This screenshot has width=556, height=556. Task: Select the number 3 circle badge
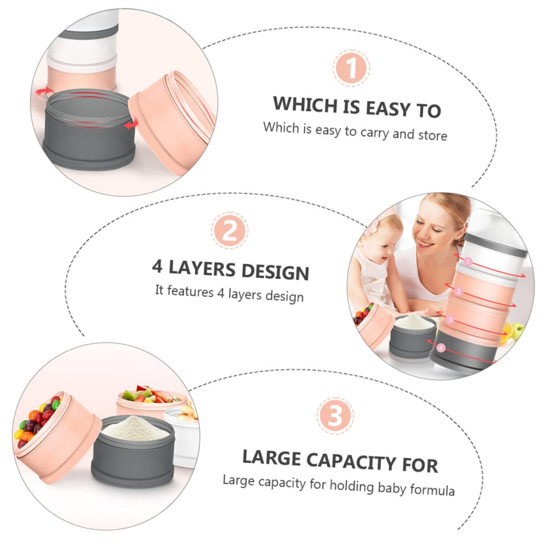coord(335,415)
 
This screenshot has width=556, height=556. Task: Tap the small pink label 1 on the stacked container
coord(468,262)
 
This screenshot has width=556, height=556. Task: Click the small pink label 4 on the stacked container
coord(441,348)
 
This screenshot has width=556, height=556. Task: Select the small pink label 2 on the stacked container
coord(458,291)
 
